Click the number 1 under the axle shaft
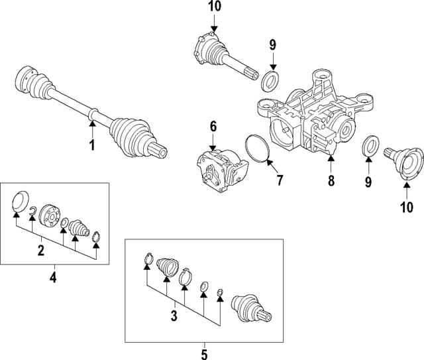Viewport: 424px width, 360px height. pos(93,145)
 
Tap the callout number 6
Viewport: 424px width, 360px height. pos(213,125)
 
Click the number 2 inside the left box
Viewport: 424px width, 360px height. pos(41,250)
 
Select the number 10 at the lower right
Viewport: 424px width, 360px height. pos(406,207)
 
